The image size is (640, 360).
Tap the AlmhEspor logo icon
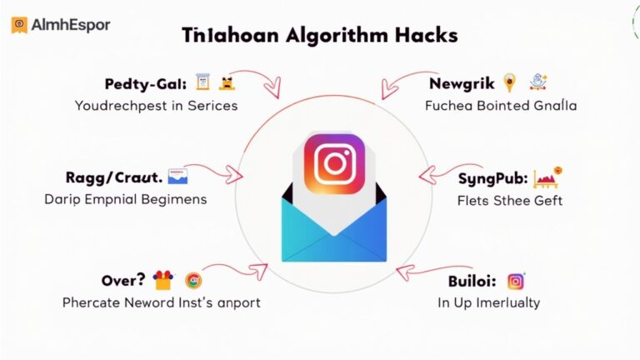coord(19,25)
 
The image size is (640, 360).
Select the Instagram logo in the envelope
coord(333,164)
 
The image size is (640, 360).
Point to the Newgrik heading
coord(462,83)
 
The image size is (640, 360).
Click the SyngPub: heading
coord(491,178)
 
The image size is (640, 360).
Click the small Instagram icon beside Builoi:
coord(516,281)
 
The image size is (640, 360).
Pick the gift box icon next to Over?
coord(162,280)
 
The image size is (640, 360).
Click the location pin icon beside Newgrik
coord(510,82)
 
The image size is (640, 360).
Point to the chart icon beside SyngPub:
coord(547,177)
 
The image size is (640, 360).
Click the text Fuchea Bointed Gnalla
coord(501,106)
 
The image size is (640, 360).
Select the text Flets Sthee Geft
coord(509,200)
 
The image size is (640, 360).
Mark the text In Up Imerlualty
coord(488,302)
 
